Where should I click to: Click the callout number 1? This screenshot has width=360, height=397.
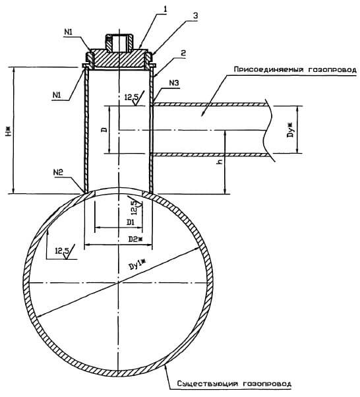[x=165, y=9]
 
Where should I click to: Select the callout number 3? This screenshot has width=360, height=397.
[x=195, y=16]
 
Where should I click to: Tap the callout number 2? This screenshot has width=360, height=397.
[x=183, y=53]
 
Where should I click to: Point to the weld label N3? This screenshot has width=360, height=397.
[x=174, y=83]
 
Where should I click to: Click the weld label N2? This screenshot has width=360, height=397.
[x=58, y=172]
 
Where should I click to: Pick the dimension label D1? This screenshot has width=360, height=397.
[x=131, y=223]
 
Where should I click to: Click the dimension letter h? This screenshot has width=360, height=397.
[x=220, y=162]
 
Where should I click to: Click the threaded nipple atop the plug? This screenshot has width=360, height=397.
[x=119, y=42]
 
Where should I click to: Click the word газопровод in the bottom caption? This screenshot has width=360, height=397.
[x=267, y=384]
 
